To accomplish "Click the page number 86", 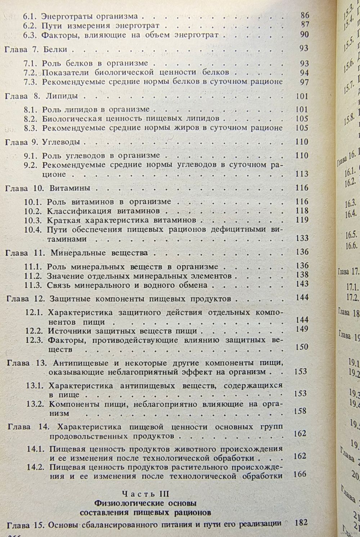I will click(x=304, y=16).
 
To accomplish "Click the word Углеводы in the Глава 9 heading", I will click(x=60, y=142).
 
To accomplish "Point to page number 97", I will click(x=304, y=82).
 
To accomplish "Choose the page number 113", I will click(x=301, y=174).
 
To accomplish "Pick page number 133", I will click(x=301, y=238).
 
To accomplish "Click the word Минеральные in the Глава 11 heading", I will click(x=73, y=252).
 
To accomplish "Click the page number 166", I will click(x=300, y=474).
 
